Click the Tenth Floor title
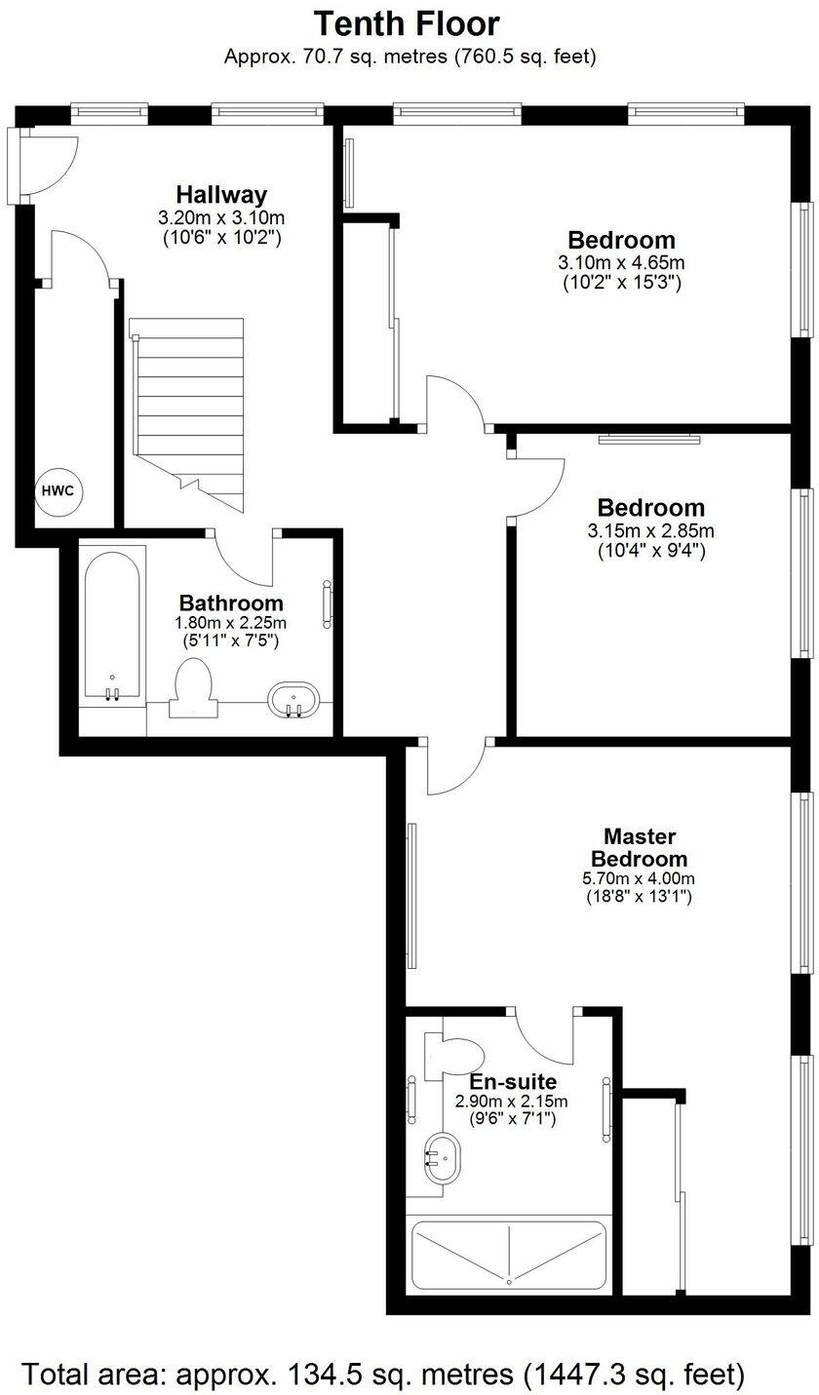pos(409,23)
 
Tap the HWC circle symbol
pos(58,490)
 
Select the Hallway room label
pos(221,194)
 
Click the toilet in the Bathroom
pos(191,688)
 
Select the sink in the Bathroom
pos(293,699)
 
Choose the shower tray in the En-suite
pos(509,1254)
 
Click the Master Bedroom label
pos(639,847)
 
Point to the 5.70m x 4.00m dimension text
pos(639,878)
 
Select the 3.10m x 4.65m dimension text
pos(621,262)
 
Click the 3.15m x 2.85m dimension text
pos(650,531)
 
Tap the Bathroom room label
pos(231,603)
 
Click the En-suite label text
pos(513,1082)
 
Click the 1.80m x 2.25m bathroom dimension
pos(231,623)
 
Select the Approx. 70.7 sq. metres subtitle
pos(409,57)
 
